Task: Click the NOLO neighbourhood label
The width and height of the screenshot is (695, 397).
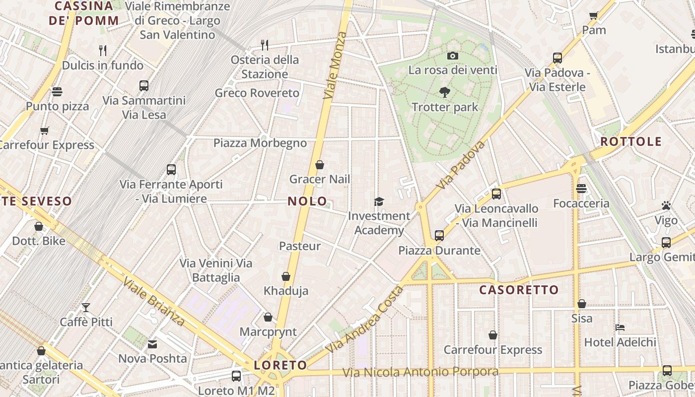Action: [x=307, y=201]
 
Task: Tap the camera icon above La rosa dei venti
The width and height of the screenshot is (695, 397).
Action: [x=452, y=56]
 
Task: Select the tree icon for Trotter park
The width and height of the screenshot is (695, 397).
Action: [x=445, y=92]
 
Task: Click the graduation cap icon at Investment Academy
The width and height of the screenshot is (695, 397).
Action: [x=379, y=201]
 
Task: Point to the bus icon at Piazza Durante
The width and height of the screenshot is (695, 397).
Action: [x=439, y=235]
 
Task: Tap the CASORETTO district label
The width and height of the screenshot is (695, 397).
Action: [x=519, y=290]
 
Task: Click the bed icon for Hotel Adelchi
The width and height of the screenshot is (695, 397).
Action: [x=620, y=328]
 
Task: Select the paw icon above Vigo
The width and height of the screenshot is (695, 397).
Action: [x=666, y=205]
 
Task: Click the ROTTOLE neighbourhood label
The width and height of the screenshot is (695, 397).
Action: [x=631, y=141]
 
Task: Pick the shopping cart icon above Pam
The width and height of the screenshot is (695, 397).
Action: [x=593, y=15]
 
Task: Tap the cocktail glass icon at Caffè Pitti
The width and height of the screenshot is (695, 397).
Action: [x=86, y=308]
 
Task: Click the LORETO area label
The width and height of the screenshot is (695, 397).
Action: [x=280, y=365]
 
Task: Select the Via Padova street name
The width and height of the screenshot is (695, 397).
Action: [x=460, y=165]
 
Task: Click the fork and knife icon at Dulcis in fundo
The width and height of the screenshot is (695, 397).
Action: [x=103, y=50]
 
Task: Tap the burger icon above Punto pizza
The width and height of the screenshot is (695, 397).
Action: [x=57, y=91]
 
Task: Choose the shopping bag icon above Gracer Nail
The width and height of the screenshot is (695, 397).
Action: [x=320, y=165]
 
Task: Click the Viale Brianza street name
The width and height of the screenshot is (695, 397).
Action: [x=154, y=302]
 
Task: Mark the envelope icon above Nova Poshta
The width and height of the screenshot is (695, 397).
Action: [x=152, y=344]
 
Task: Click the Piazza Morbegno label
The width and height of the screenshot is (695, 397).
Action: [x=260, y=143]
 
